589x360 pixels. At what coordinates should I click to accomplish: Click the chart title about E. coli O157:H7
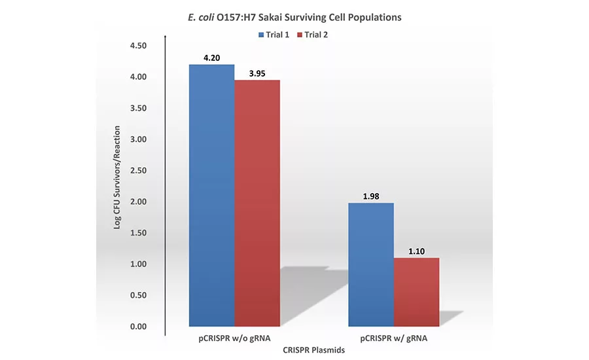[x=294, y=17]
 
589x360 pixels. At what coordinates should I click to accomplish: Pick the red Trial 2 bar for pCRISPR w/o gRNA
[x=257, y=203]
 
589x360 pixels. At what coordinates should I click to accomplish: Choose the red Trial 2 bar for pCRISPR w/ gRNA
[x=416, y=292]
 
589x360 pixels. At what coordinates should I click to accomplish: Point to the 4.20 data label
[x=211, y=58]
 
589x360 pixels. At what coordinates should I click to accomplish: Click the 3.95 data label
[x=257, y=73]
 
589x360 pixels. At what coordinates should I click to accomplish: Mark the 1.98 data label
[x=370, y=196]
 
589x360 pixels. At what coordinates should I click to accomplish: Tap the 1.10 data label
[x=416, y=251]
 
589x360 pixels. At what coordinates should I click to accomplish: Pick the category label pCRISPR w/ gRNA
[x=393, y=338]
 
